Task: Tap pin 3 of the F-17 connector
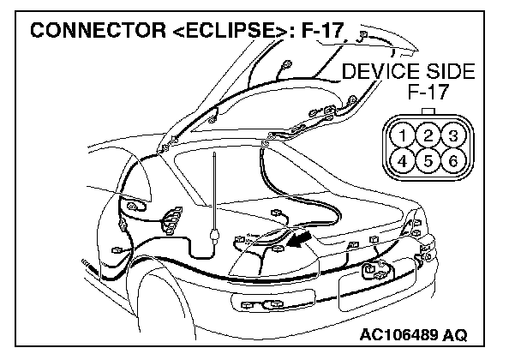click(454, 135)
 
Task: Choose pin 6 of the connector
click(454, 159)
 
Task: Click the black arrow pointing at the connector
click(296, 237)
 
